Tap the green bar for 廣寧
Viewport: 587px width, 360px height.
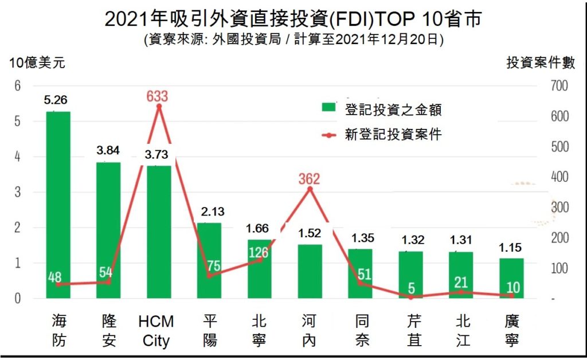click(511, 278)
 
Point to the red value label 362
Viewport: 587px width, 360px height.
click(309, 178)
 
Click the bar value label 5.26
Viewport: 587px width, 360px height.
click(58, 101)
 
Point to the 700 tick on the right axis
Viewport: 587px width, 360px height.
click(559, 86)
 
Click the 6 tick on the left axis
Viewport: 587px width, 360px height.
click(17, 86)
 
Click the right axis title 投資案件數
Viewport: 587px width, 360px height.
click(541, 63)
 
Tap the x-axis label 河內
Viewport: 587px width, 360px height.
click(309, 330)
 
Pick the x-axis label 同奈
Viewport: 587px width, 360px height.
click(360, 330)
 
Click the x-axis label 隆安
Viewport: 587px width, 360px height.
click(108, 330)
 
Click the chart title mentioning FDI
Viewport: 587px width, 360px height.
click(293, 20)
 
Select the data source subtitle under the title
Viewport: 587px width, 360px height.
click(293, 40)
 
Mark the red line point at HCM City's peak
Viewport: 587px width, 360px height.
click(159, 106)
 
